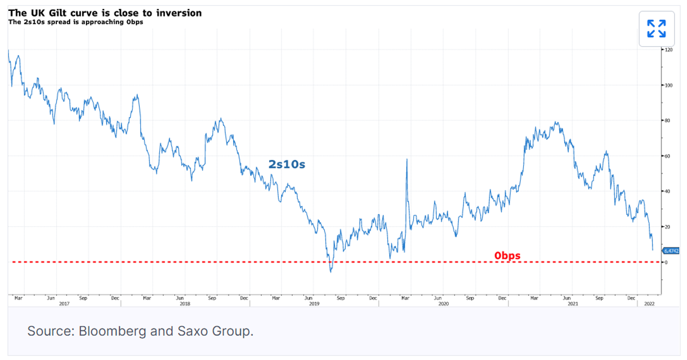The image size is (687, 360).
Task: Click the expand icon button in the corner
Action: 657,29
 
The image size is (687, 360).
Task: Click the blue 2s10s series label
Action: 287,164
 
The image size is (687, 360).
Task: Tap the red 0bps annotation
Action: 507,256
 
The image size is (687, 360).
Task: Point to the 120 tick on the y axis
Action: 668,50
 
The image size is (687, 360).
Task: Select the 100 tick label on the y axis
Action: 668,85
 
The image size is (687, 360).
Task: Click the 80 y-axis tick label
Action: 667,121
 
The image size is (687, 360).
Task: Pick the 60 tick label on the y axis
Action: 667,156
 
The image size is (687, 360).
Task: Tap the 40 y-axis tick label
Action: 667,191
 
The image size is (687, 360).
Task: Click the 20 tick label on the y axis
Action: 667,227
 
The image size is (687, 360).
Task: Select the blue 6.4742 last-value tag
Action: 671,251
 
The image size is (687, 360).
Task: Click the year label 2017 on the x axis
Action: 64,304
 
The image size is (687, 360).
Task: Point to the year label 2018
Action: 185,304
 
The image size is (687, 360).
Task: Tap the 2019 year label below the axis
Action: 314,304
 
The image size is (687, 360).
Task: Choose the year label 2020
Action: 444,304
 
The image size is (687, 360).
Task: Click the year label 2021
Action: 573,304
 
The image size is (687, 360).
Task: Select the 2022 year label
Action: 649,304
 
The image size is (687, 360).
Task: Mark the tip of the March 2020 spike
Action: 407,159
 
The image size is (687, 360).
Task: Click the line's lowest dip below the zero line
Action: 331,272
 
